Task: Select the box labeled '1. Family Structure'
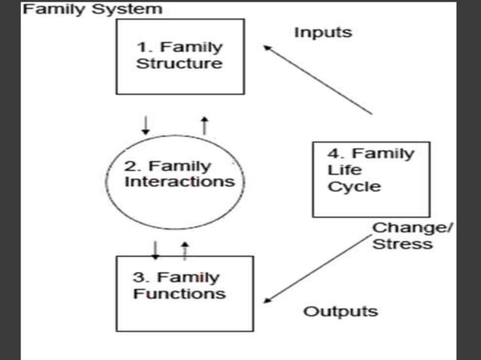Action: pyautogui.click(x=179, y=56)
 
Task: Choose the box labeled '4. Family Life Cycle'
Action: pyautogui.click(x=371, y=179)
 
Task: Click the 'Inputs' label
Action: pyautogui.click(x=323, y=32)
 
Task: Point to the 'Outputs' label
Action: pyautogui.click(x=341, y=311)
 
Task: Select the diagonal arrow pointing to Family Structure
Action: pyautogui.click(x=317, y=79)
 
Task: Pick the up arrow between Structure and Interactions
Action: pyautogui.click(x=204, y=124)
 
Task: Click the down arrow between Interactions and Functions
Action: pyautogui.click(x=155, y=249)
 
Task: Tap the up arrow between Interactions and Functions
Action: pyautogui.click(x=184, y=249)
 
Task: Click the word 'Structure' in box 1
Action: pyautogui.click(x=179, y=64)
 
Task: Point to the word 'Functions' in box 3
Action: pyautogui.click(x=179, y=293)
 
